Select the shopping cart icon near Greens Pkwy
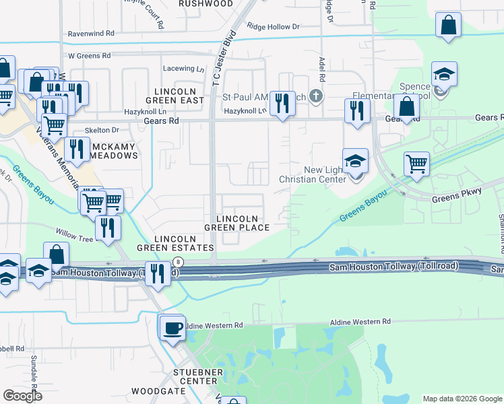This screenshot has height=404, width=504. click(417, 163)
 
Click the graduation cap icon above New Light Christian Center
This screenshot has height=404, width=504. click(355, 162)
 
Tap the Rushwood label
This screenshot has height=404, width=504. click(206, 4)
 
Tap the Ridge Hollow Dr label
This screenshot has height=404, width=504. click(273, 27)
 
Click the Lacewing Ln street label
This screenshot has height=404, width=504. click(184, 69)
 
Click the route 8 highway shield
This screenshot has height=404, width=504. click(177, 261)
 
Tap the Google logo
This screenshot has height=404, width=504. click(22, 396)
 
